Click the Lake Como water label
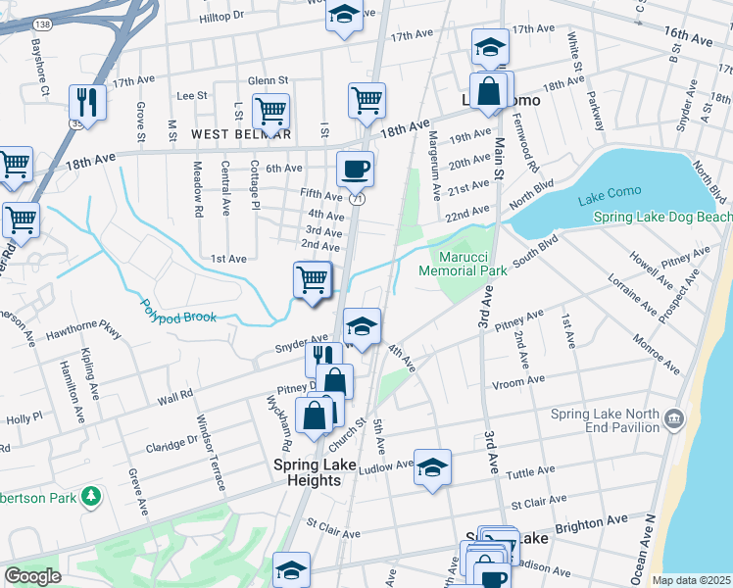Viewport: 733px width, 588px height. (610, 200)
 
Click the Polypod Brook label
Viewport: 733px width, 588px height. (177, 312)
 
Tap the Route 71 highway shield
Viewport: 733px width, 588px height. (360, 198)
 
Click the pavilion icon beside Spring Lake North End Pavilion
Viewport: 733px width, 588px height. (673, 419)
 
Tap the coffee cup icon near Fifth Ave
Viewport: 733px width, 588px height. (355, 169)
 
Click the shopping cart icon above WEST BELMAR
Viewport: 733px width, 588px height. (269, 111)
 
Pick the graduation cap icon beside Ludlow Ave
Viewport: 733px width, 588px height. (432, 466)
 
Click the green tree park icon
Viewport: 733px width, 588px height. (90, 497)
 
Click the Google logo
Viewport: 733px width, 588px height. (32, 576)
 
